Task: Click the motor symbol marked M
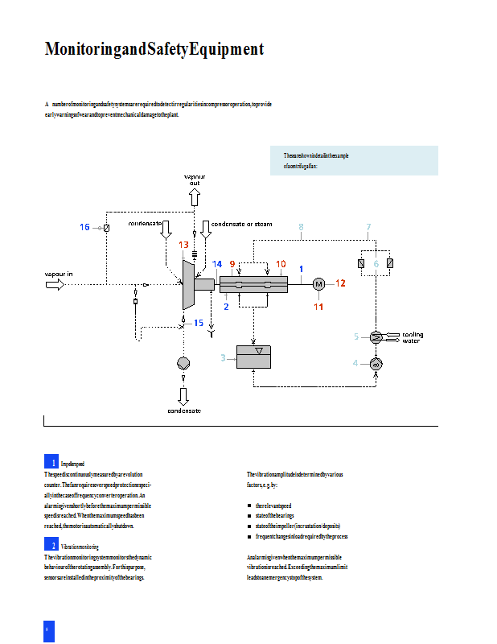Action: (x=318, y=283)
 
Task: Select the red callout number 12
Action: (x=340, y=283)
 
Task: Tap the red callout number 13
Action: (x=184, y=245)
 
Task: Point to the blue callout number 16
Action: (x=84, y=228)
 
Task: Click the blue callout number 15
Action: (x=199, y=323)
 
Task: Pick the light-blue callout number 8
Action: (x=301, y=227)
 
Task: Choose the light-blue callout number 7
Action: (x=368, y=227)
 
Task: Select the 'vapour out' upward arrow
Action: (x=195, y=196)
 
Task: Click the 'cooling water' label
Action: (x=412, y=337)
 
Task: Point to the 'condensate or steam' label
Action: (x=241, y=224)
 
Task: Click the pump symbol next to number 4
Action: (x=376, y=364)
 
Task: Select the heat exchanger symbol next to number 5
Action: (x=376, y=336)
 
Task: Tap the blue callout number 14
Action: (x=217, y=264)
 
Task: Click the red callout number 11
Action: (x=318, y=306)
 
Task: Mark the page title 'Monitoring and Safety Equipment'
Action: (x=154, y=50)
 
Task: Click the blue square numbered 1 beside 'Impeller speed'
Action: (x=51, y=462)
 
